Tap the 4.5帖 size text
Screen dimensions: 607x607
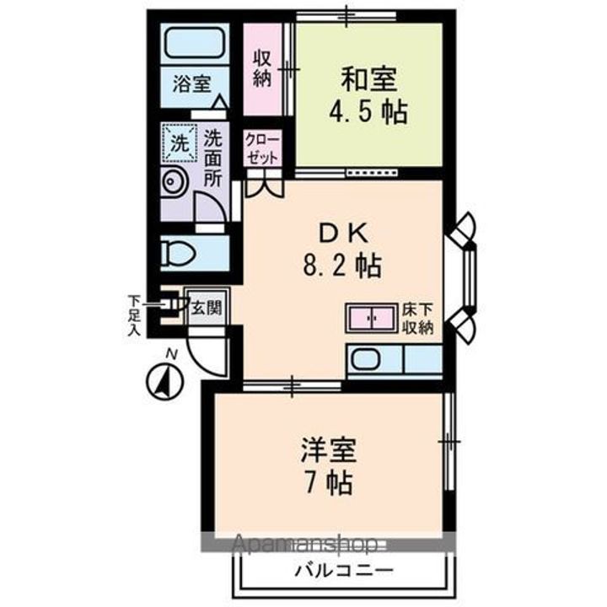coord(368,112)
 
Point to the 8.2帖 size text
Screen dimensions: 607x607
coord(341,268)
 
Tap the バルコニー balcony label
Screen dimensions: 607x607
coord(343,571)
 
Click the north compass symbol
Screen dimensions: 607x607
coord(166,380)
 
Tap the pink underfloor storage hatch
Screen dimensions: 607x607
coord(371,319)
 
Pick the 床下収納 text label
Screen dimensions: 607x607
coord(417,319)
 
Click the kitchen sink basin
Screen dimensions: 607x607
coord(368,360)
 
